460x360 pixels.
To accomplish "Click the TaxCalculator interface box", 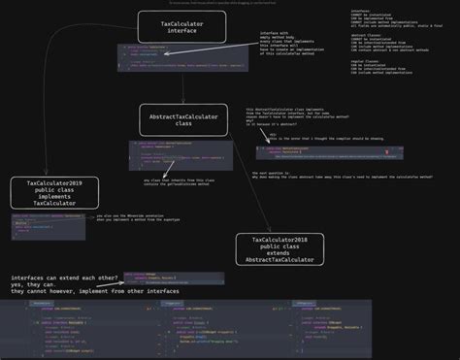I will (x=181, y=26).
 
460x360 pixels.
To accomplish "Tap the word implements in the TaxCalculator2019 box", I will (x=48, y=196).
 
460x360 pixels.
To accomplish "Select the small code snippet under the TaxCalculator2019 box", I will (x=49, y=225).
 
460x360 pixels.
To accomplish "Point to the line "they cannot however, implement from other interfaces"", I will (x=82, y=291).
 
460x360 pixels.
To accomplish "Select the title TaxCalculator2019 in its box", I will (x=48, y=181).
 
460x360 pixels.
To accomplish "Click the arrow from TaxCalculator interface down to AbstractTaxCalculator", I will (x=181, y=74).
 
